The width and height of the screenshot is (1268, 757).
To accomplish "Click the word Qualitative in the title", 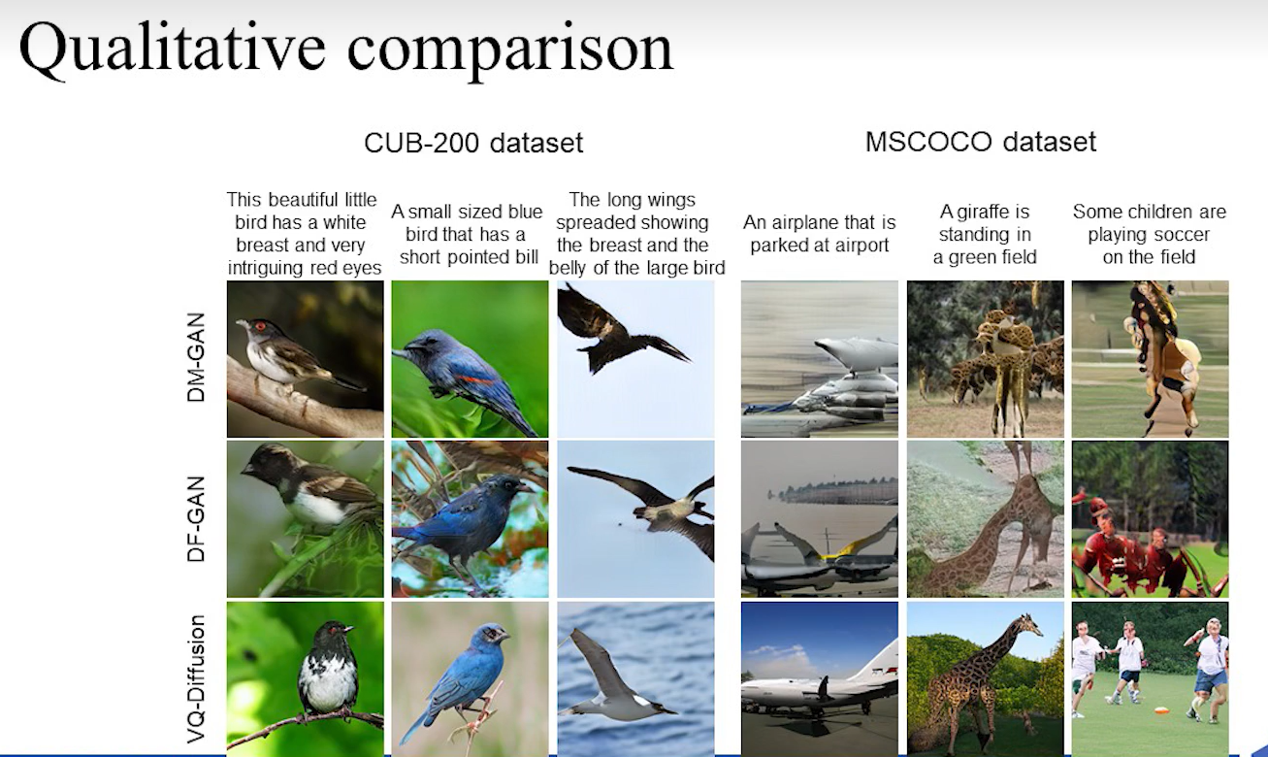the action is pyautogui.click(x=173, y=49).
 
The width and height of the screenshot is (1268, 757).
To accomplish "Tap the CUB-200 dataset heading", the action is pyautogui.click(x=473, y=143).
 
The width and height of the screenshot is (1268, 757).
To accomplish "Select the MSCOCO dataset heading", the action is pyautogui.click(x=981, y=142).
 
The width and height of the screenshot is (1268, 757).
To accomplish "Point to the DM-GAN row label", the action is pyautogui.click(x=196, y=357).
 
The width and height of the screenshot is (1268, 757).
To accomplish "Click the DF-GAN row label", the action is pyautogui.click(x=196, y=518).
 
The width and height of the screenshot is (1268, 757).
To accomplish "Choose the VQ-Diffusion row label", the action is pyautogui.click(x=196, y=678).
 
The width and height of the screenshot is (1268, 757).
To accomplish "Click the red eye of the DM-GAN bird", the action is pyautogui.click(x=260, y=326).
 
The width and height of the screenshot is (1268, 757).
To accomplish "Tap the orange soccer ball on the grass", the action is pyautogui.click(x=1161, y=710).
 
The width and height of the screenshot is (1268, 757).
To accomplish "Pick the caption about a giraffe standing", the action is pyautogui.click(x=985, y=235).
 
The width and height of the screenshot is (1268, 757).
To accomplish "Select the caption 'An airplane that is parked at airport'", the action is pyautogui.click(x=819, y=234).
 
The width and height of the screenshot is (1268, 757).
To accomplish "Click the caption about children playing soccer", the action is pyautogui.click(x=1149, y=235).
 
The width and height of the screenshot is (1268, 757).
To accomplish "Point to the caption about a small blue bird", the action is pyautogui.click(x=467, y=235).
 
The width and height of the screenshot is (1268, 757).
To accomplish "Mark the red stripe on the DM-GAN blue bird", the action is pyautogui.click(x=474, y=379).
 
